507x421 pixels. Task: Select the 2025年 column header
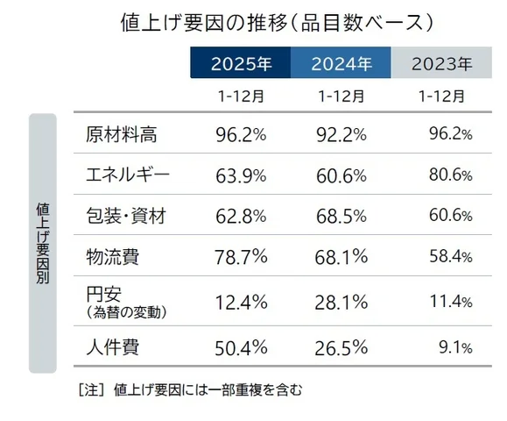(x=241, y=64)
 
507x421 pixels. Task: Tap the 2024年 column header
(x=342, y=64)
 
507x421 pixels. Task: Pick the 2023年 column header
(x=441, y=64)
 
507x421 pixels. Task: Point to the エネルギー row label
(x=128, y=175)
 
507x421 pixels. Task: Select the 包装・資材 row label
(x=128, y=216)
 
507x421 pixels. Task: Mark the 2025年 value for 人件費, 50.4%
(x=241, y=347)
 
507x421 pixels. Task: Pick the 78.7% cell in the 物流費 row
(x=241, y=256)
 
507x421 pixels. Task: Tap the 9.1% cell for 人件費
(x=454, y=347)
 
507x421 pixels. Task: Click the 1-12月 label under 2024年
(x=342, y=95)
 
